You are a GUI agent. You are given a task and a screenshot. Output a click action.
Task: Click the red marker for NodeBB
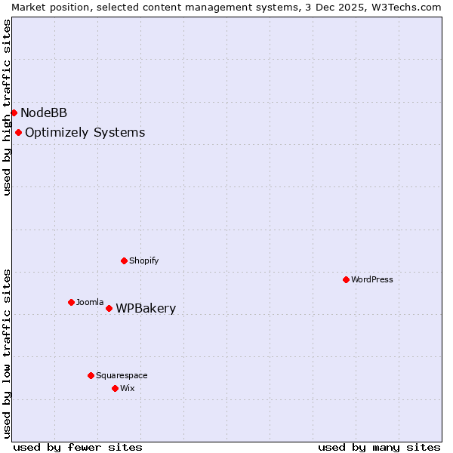pos(14,112)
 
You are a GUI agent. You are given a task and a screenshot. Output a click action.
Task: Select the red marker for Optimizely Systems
pos(18,132)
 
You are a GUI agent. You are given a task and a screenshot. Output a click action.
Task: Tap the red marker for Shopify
pos(124,260)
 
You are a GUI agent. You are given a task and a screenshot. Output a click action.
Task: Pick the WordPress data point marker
pos(346,279)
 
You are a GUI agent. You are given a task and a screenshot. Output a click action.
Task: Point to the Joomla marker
pos(71,302)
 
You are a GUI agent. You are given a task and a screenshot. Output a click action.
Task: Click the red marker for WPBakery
pos(109,308)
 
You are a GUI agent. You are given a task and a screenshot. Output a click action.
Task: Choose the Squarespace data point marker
pos(91,375)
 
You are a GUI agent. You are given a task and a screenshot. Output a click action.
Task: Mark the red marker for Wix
pos(115,388)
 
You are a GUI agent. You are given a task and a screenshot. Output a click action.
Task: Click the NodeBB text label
pos(44,113)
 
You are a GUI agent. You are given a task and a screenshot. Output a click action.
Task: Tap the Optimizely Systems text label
pos(85,133)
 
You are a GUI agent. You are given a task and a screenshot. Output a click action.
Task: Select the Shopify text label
pos(143,261)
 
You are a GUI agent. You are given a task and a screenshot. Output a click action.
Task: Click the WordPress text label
pos(372,280)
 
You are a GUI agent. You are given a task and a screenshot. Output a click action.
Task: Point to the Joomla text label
pos(90,303)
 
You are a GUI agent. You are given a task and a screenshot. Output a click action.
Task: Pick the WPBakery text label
pos(146,309)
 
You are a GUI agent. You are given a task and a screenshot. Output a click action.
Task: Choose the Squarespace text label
pos(122,376)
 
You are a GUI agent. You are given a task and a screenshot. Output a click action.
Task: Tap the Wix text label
pos(128,389)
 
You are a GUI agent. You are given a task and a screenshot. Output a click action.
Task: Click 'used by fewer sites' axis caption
pos(78,447)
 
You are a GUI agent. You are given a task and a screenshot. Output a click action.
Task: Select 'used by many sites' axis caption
pos(379,447)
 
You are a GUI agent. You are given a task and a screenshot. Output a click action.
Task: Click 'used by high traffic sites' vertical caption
pos(8,107)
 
